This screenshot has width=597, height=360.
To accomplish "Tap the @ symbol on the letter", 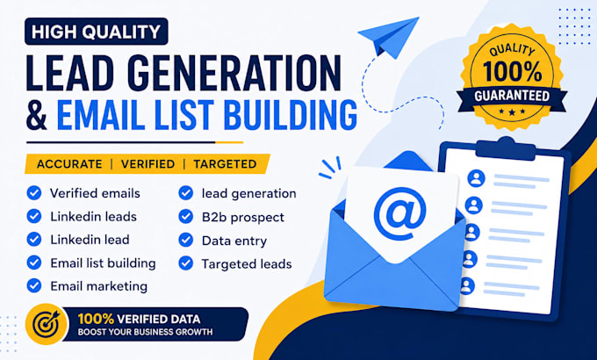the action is tap(399, 213).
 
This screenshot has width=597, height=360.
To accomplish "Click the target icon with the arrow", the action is tap(46, 324).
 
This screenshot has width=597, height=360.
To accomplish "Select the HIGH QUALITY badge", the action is tap(97, 32).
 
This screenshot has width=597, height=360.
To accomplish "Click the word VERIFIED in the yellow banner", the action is tap(147, 164).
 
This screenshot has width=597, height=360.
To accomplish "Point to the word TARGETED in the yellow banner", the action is tap(225, 164).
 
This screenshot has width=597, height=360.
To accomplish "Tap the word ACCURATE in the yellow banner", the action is tap(69, 164).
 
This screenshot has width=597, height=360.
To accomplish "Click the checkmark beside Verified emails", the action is tap(34, 193).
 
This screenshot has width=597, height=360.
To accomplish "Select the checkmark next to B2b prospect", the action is tap(186, 216).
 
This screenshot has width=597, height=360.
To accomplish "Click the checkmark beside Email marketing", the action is tap(34, 285).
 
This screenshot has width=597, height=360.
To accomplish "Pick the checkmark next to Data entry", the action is tap(186, 240).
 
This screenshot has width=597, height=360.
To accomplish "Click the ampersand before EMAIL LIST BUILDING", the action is tap(37, 115).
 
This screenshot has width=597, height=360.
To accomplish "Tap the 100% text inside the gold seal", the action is tap(512, 71).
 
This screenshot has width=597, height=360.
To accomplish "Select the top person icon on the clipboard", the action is tap(476, 178).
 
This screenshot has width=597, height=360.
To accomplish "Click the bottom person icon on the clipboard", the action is tap(466, 286).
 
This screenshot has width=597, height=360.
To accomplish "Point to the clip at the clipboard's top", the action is tap(506, 148).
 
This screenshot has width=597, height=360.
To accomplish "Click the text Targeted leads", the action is tap(247, 264).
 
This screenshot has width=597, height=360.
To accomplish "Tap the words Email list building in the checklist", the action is tap(104, 263).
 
